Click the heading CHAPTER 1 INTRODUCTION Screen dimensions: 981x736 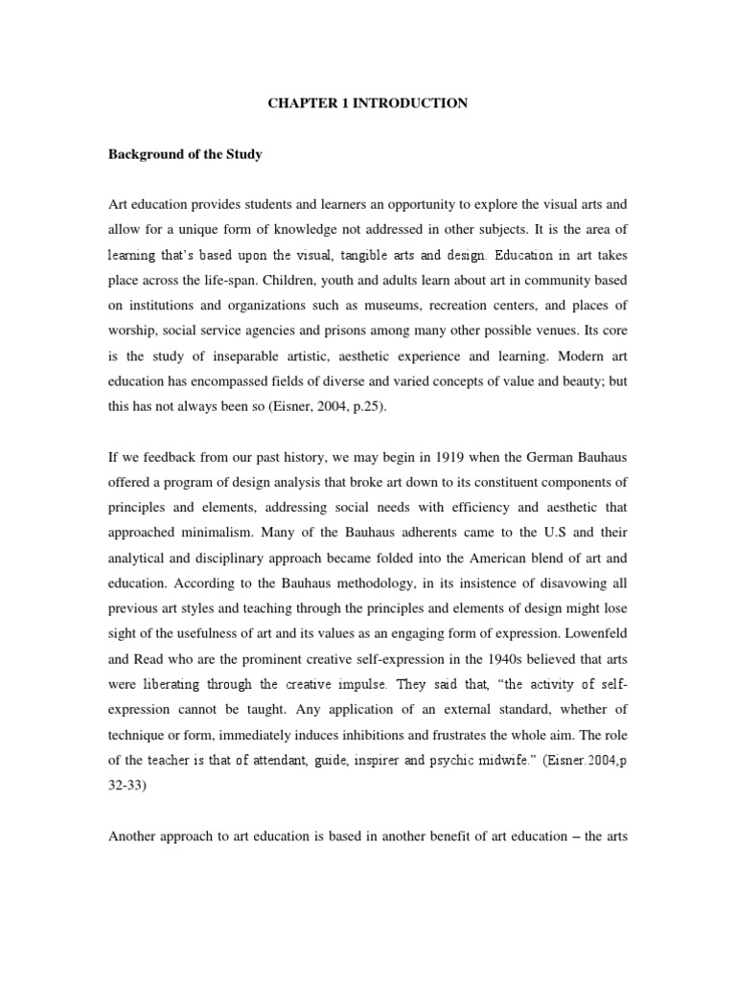point(367,103)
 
